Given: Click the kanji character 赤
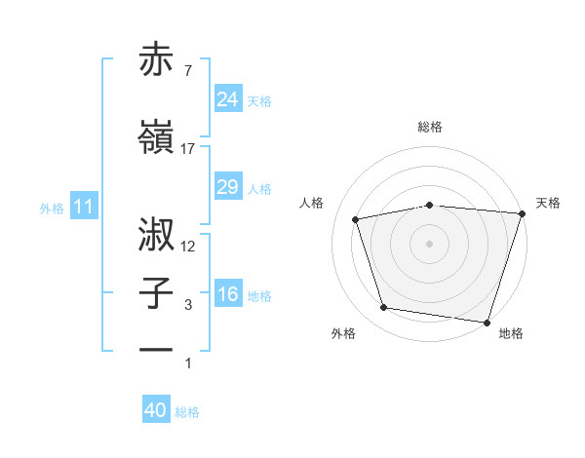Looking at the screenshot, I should pos(157,60).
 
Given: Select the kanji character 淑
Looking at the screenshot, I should pos(157,235).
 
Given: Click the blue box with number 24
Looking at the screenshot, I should pos(227,98).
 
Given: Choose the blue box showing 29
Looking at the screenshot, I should pos(227,187).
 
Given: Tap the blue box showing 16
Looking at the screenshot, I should pos(227,294).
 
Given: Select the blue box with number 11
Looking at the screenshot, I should pos(83,207).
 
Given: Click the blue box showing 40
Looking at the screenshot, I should pos(156,410).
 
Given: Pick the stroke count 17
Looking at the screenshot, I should pos(188,149).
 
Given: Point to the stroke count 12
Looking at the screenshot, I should pos(188,247).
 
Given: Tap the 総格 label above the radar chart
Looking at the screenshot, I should pos(430,128).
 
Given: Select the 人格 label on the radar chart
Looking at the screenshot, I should pos(313,203).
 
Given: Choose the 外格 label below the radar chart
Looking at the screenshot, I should pos(343,334).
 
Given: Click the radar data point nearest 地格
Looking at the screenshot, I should pos(486,322).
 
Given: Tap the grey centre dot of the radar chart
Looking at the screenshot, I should pos(429,243).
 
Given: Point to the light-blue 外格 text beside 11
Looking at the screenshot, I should pos(52,208).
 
